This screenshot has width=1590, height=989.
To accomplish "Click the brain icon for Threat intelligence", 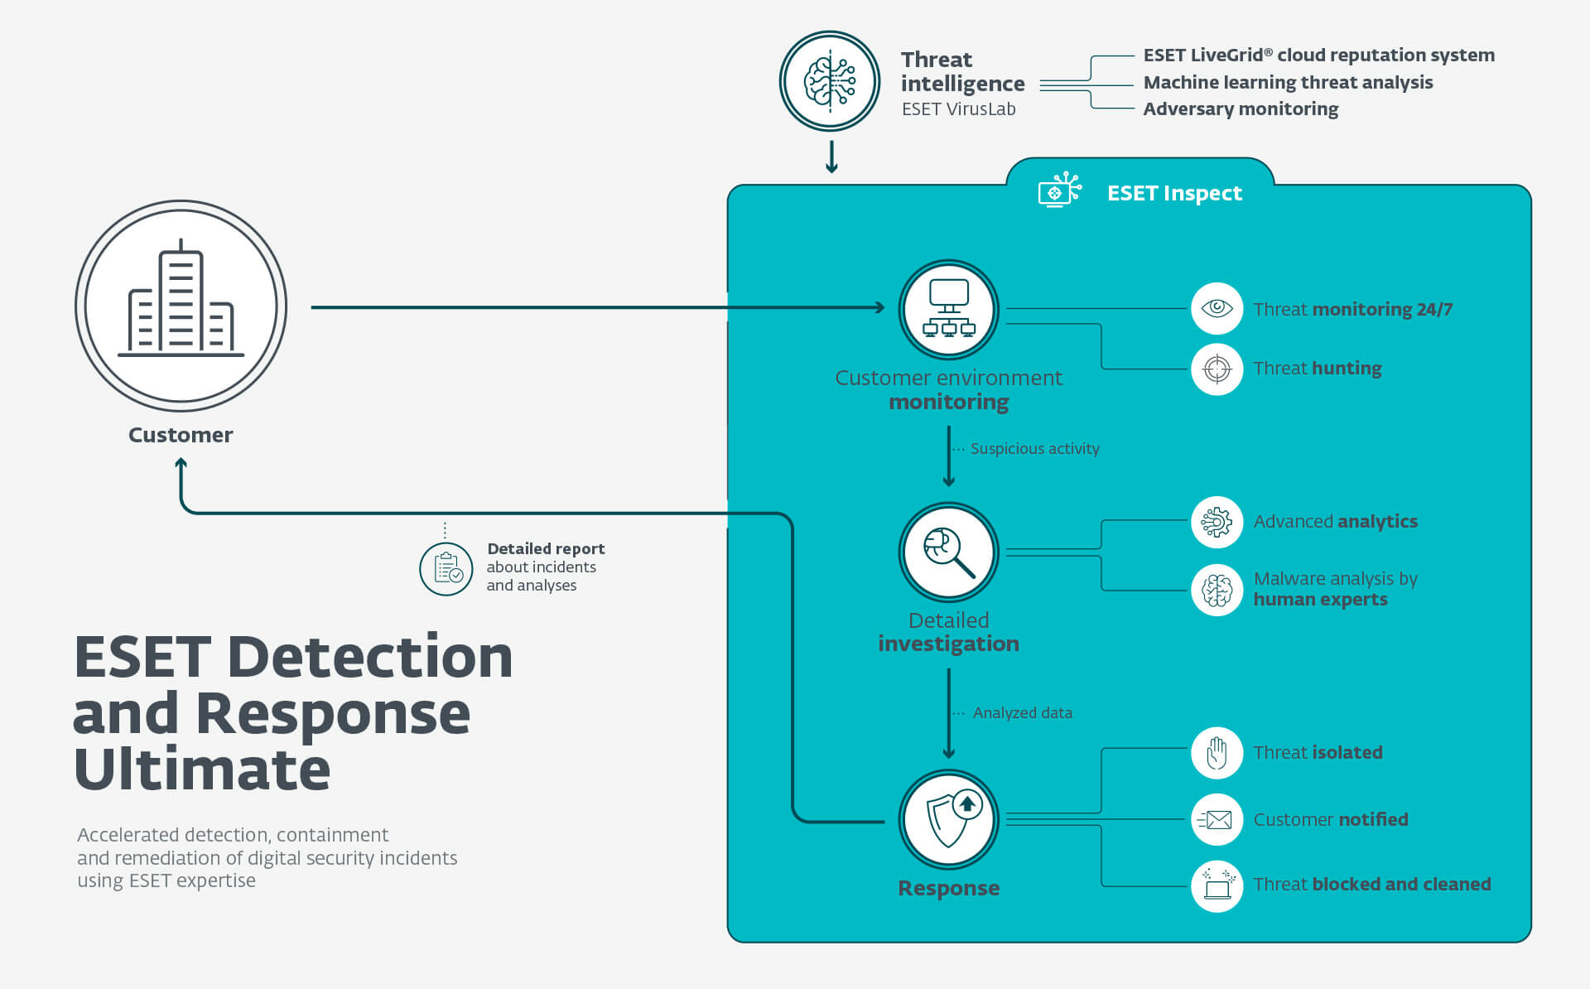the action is tap(830, 81).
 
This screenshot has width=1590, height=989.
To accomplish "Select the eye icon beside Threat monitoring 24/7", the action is tap(1217, 308).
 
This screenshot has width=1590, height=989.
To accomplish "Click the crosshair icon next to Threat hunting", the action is tap(1217, 369).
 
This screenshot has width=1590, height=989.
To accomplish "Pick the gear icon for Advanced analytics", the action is tap(1217, 522).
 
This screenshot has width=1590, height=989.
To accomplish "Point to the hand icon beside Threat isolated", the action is tap(1217, 753).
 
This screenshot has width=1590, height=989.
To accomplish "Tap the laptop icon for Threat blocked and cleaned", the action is tap(1217, 885).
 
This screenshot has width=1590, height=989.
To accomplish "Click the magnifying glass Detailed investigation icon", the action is tap(949, 552).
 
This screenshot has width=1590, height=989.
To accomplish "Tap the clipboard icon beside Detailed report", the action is tap(446, 569).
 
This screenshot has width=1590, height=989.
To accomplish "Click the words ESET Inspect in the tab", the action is tap(1174, 193).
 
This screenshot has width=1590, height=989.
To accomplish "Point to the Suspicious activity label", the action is tap(1034, 448).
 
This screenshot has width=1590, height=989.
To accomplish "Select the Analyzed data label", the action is tap(1022, 712).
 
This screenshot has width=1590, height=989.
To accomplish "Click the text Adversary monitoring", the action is tap(1241, 109).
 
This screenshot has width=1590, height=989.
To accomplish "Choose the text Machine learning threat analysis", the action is tap(1288, 82).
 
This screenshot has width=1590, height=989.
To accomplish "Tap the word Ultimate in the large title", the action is tap(202, 769).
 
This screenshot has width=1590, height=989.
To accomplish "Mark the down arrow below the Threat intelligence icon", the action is tap(832, 157).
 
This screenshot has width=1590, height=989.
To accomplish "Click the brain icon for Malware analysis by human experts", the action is tap(1217, 590).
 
